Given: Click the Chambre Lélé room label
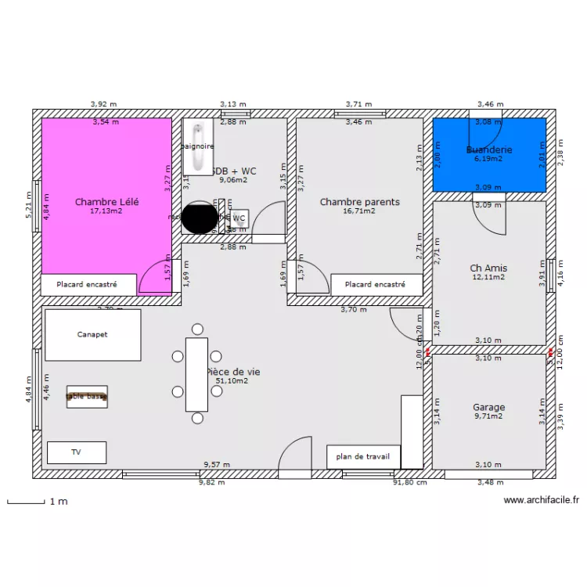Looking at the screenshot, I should pos(106,202).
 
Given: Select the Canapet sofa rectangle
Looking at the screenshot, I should pos(92,334).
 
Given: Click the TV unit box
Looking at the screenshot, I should pos(76,452).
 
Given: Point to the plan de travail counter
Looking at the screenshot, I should pos(363,457).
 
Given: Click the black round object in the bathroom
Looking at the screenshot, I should pos(200,217).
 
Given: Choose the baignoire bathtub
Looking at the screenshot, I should pos(198,147).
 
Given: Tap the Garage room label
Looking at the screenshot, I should pos(489,407).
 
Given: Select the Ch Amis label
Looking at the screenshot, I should pos(489,268).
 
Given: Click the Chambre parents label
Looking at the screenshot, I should pos(359,202).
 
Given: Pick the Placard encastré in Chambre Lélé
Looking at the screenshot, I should pos(87,285).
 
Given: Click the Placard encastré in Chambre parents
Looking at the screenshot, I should pos(376,286).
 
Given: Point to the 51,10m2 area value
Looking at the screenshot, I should pos(232,381).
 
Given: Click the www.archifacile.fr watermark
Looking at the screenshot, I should pos(541,499).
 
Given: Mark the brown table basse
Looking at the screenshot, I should pos(87,397).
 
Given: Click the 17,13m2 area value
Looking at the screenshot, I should pos(106,211).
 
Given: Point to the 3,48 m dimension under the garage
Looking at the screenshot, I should pos(491,482).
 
